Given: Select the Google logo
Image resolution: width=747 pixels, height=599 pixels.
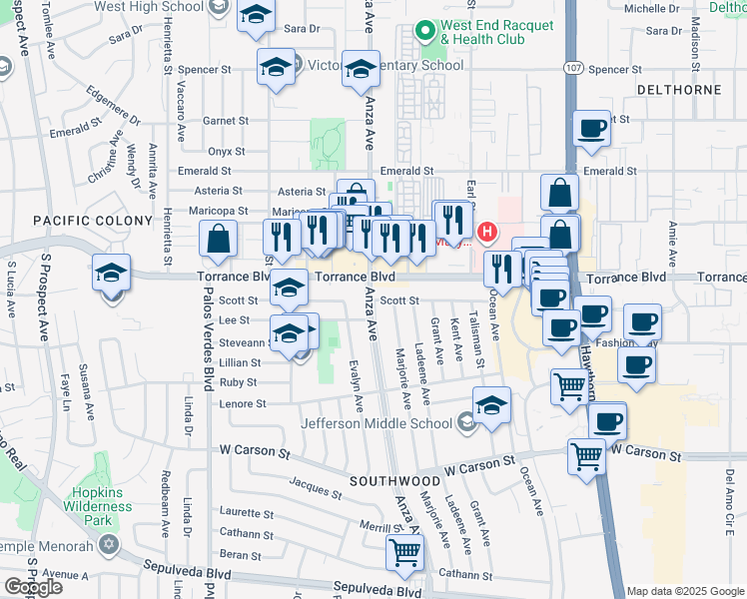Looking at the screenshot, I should click(x=34, y=586).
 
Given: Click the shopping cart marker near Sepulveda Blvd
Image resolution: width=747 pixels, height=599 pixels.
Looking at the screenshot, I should click(x=404, y=551).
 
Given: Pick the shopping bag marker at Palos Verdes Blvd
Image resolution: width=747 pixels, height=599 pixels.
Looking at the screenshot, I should click(x=217, y=240).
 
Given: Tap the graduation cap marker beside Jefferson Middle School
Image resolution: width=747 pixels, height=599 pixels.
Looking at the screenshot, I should click(x=490, y=406).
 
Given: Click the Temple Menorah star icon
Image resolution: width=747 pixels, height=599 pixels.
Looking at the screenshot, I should click(x=108, y=546).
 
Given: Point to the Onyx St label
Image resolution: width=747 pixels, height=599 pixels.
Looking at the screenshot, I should click(x=227, y=151).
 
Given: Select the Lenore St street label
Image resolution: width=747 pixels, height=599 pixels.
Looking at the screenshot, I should click(x=243, y=404).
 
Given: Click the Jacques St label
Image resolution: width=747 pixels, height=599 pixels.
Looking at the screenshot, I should click(x=316, y=488).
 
